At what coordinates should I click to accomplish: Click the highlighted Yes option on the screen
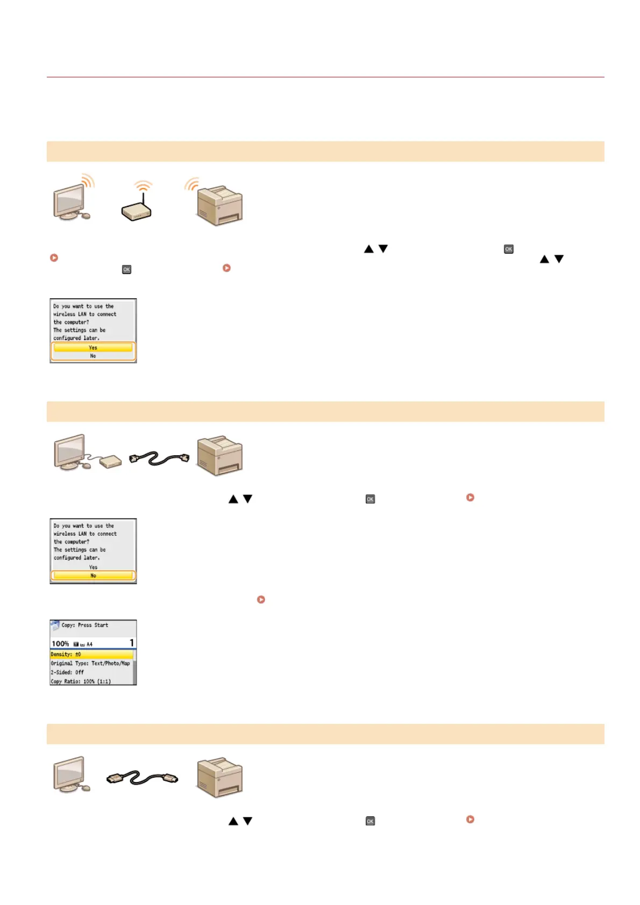click(93, 348)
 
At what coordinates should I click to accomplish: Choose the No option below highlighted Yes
click(93, 356)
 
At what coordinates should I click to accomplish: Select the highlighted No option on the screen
click(93, 576)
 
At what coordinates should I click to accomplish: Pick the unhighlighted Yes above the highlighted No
click(93, 567)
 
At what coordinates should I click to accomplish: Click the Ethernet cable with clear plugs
click(159, 458)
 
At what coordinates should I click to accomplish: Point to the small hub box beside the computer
click(110, 461)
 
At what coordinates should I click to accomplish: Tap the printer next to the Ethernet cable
click(219, 456)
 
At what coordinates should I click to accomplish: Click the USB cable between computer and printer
click(142, 778)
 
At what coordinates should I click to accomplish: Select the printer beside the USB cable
click(219, 777)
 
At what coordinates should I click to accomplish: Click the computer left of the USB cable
click(71, 774)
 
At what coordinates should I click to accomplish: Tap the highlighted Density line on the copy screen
click(91, 655)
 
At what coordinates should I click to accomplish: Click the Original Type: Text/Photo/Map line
click(90, 664)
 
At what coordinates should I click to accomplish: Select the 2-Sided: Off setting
click(68, 672)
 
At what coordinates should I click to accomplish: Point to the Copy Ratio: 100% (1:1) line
click(81, 681)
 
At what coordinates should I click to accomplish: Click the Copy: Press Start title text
click(85, 626)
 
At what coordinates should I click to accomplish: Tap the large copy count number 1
click(131, 643)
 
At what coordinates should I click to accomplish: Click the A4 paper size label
click(89, 644)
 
